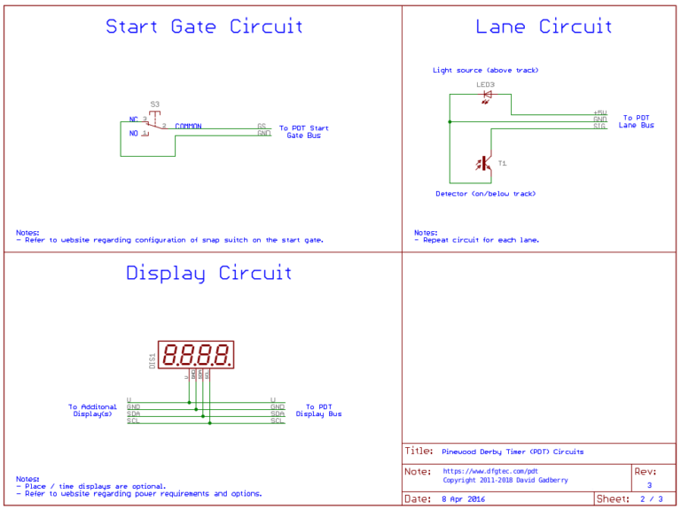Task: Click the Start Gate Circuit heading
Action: click(204, 27)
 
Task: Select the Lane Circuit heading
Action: click(544, 27)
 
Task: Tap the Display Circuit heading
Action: click(208, 273)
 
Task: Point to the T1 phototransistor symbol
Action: click(485, 163)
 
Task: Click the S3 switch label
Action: click(155, 104)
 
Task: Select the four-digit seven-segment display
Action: click(196, 355)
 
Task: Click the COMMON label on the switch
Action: click(188, 127)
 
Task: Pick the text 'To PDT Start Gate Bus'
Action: click(303, 132)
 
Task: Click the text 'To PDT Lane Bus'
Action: click(636, 121)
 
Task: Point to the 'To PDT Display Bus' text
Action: click(318, 411)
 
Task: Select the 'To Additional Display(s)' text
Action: click(92, 411)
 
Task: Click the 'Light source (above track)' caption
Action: click(485, 70)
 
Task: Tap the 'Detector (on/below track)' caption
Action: click(485, 194)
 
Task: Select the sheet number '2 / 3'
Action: click(652, 499)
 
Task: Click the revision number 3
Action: click(649, 485)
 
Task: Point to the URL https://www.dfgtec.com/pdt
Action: click(490, 471)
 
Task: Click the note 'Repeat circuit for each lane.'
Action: click(480, 240)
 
